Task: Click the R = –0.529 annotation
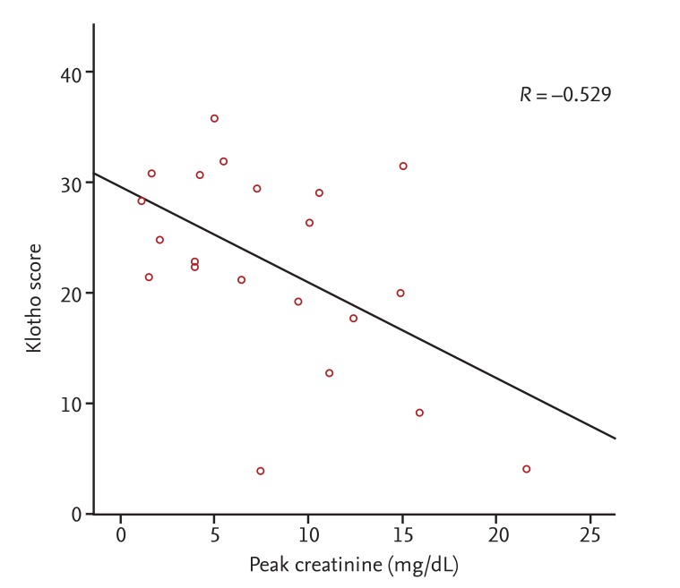[565, 94]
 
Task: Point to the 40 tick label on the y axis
[72, 72]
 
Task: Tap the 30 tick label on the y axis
[72, 183]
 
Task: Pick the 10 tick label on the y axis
[72, 404]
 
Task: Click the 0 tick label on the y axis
[77, 514]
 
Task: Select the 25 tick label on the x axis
[590, 536]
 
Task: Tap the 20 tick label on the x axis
[496, 536]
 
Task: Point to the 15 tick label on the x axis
[402, 536]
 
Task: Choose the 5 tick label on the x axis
[214, 536]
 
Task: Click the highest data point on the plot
[214, 118]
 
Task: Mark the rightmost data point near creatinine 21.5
[526, 469]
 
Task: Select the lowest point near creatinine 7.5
[261, 471]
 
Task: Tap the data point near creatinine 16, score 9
[419, 413]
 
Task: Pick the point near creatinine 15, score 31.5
[403, 166]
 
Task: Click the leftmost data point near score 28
[142, 200]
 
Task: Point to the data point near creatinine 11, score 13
[329, 372]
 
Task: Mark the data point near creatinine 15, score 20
[400, 293]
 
